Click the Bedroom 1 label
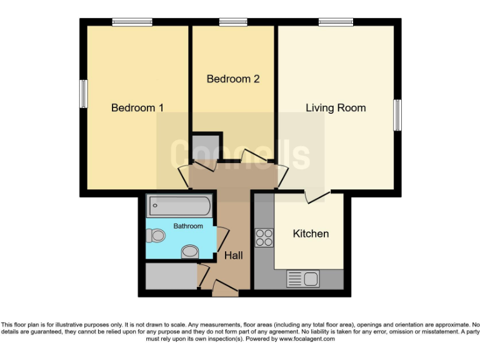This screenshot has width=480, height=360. [137, 108]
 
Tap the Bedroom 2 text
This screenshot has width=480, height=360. [232, 79]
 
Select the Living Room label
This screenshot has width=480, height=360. [336, 108]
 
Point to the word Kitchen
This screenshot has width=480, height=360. [311, 234]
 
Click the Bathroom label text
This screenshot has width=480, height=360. [188, 226]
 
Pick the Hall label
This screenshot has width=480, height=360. [234, 256]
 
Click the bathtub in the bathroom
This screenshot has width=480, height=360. [179, 206]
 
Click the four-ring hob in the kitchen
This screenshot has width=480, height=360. [264, 238]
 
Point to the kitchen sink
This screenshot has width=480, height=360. [303, 279]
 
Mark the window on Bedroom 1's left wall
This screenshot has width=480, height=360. [83, 94]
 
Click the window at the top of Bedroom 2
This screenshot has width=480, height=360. [232, 22]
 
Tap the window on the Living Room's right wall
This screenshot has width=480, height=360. [397, 115]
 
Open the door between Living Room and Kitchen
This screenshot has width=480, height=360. [316, 196]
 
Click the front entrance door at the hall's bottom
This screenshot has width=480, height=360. [224, 287]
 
